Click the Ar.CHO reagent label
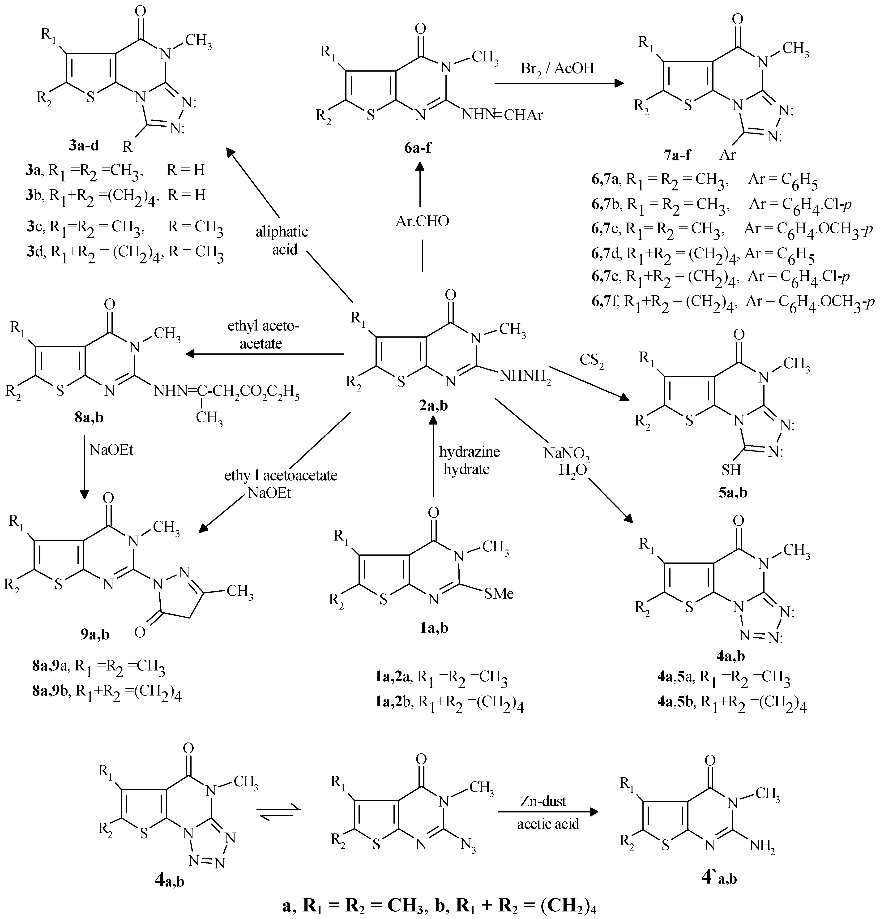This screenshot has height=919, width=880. (x=422, y=220)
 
